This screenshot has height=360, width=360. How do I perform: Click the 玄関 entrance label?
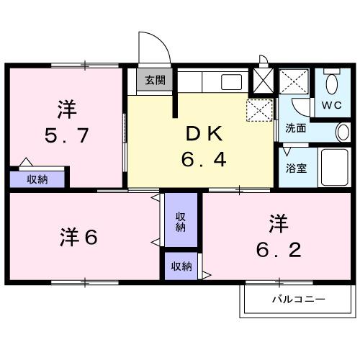[x=154, y=80]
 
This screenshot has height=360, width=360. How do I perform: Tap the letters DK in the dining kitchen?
[x=204, y=133]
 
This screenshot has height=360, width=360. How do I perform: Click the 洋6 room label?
[x=78, y=236]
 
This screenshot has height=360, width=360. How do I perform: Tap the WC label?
[x=332, y=105]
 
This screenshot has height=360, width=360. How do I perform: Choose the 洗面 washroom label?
[x=295, y=130]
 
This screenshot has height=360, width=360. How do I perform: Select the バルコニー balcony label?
[x=298, y=299]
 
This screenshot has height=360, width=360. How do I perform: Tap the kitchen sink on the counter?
[x=231, y=81]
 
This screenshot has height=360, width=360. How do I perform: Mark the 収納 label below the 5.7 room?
[x=37, y=179]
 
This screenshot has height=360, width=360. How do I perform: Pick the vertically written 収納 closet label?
[x=181, y=221]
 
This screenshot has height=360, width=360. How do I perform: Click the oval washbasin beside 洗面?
[x=343, y=132]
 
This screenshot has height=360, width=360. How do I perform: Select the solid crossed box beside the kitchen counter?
[x=261, y=80]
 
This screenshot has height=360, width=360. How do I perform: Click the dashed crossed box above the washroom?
[x=294, y=81]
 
